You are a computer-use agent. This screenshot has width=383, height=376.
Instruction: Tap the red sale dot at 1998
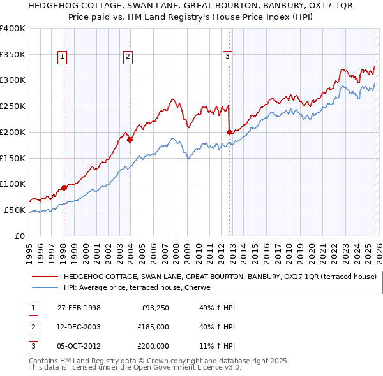tap(64, 187)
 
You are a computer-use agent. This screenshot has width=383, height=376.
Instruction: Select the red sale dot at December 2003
tap(130, 140)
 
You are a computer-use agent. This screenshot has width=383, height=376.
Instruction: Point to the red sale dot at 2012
tap(229, 132)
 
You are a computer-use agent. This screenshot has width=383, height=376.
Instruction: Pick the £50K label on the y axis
tap(15, 210)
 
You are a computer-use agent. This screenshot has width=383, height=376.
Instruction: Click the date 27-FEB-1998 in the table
tap(79, 308)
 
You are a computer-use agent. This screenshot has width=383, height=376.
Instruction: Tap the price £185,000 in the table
tap(153, 327)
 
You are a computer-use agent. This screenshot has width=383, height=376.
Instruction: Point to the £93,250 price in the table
tap(155, 308)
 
